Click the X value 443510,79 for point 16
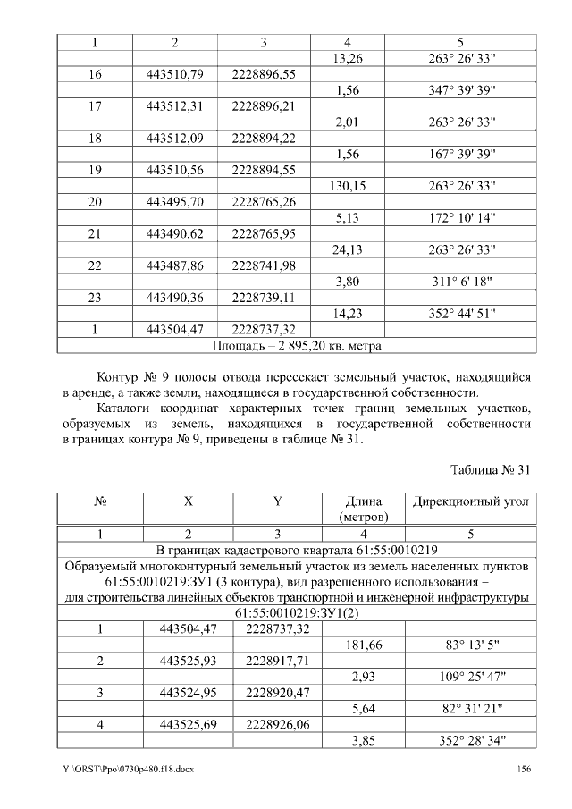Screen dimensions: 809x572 click(x=175, y=75)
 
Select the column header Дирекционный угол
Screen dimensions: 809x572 click(x=470, y=503)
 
